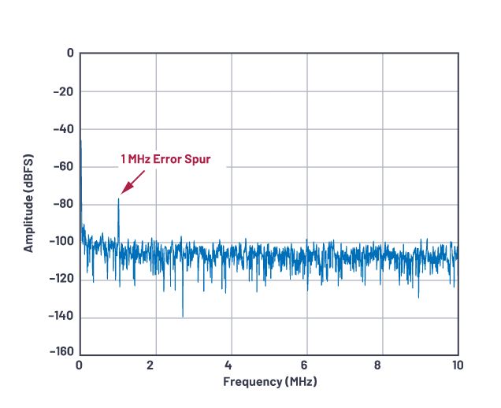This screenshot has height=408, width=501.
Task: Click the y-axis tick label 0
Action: [70, 54]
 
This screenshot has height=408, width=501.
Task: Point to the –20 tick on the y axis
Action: [63, 91]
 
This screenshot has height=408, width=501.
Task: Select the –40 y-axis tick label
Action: [63, 129]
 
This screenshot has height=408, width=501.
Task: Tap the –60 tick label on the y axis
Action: [63, 167]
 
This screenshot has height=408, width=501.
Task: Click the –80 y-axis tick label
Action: [63, 205]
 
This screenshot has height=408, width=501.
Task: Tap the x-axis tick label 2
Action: [155, 366]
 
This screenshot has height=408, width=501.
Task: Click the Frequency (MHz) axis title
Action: [269, 382]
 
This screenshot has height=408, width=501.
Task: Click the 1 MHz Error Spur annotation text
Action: [166, 159]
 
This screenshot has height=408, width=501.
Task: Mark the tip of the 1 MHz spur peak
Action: [118, 198]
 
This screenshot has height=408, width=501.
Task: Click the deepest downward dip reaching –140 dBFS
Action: [183, 317]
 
